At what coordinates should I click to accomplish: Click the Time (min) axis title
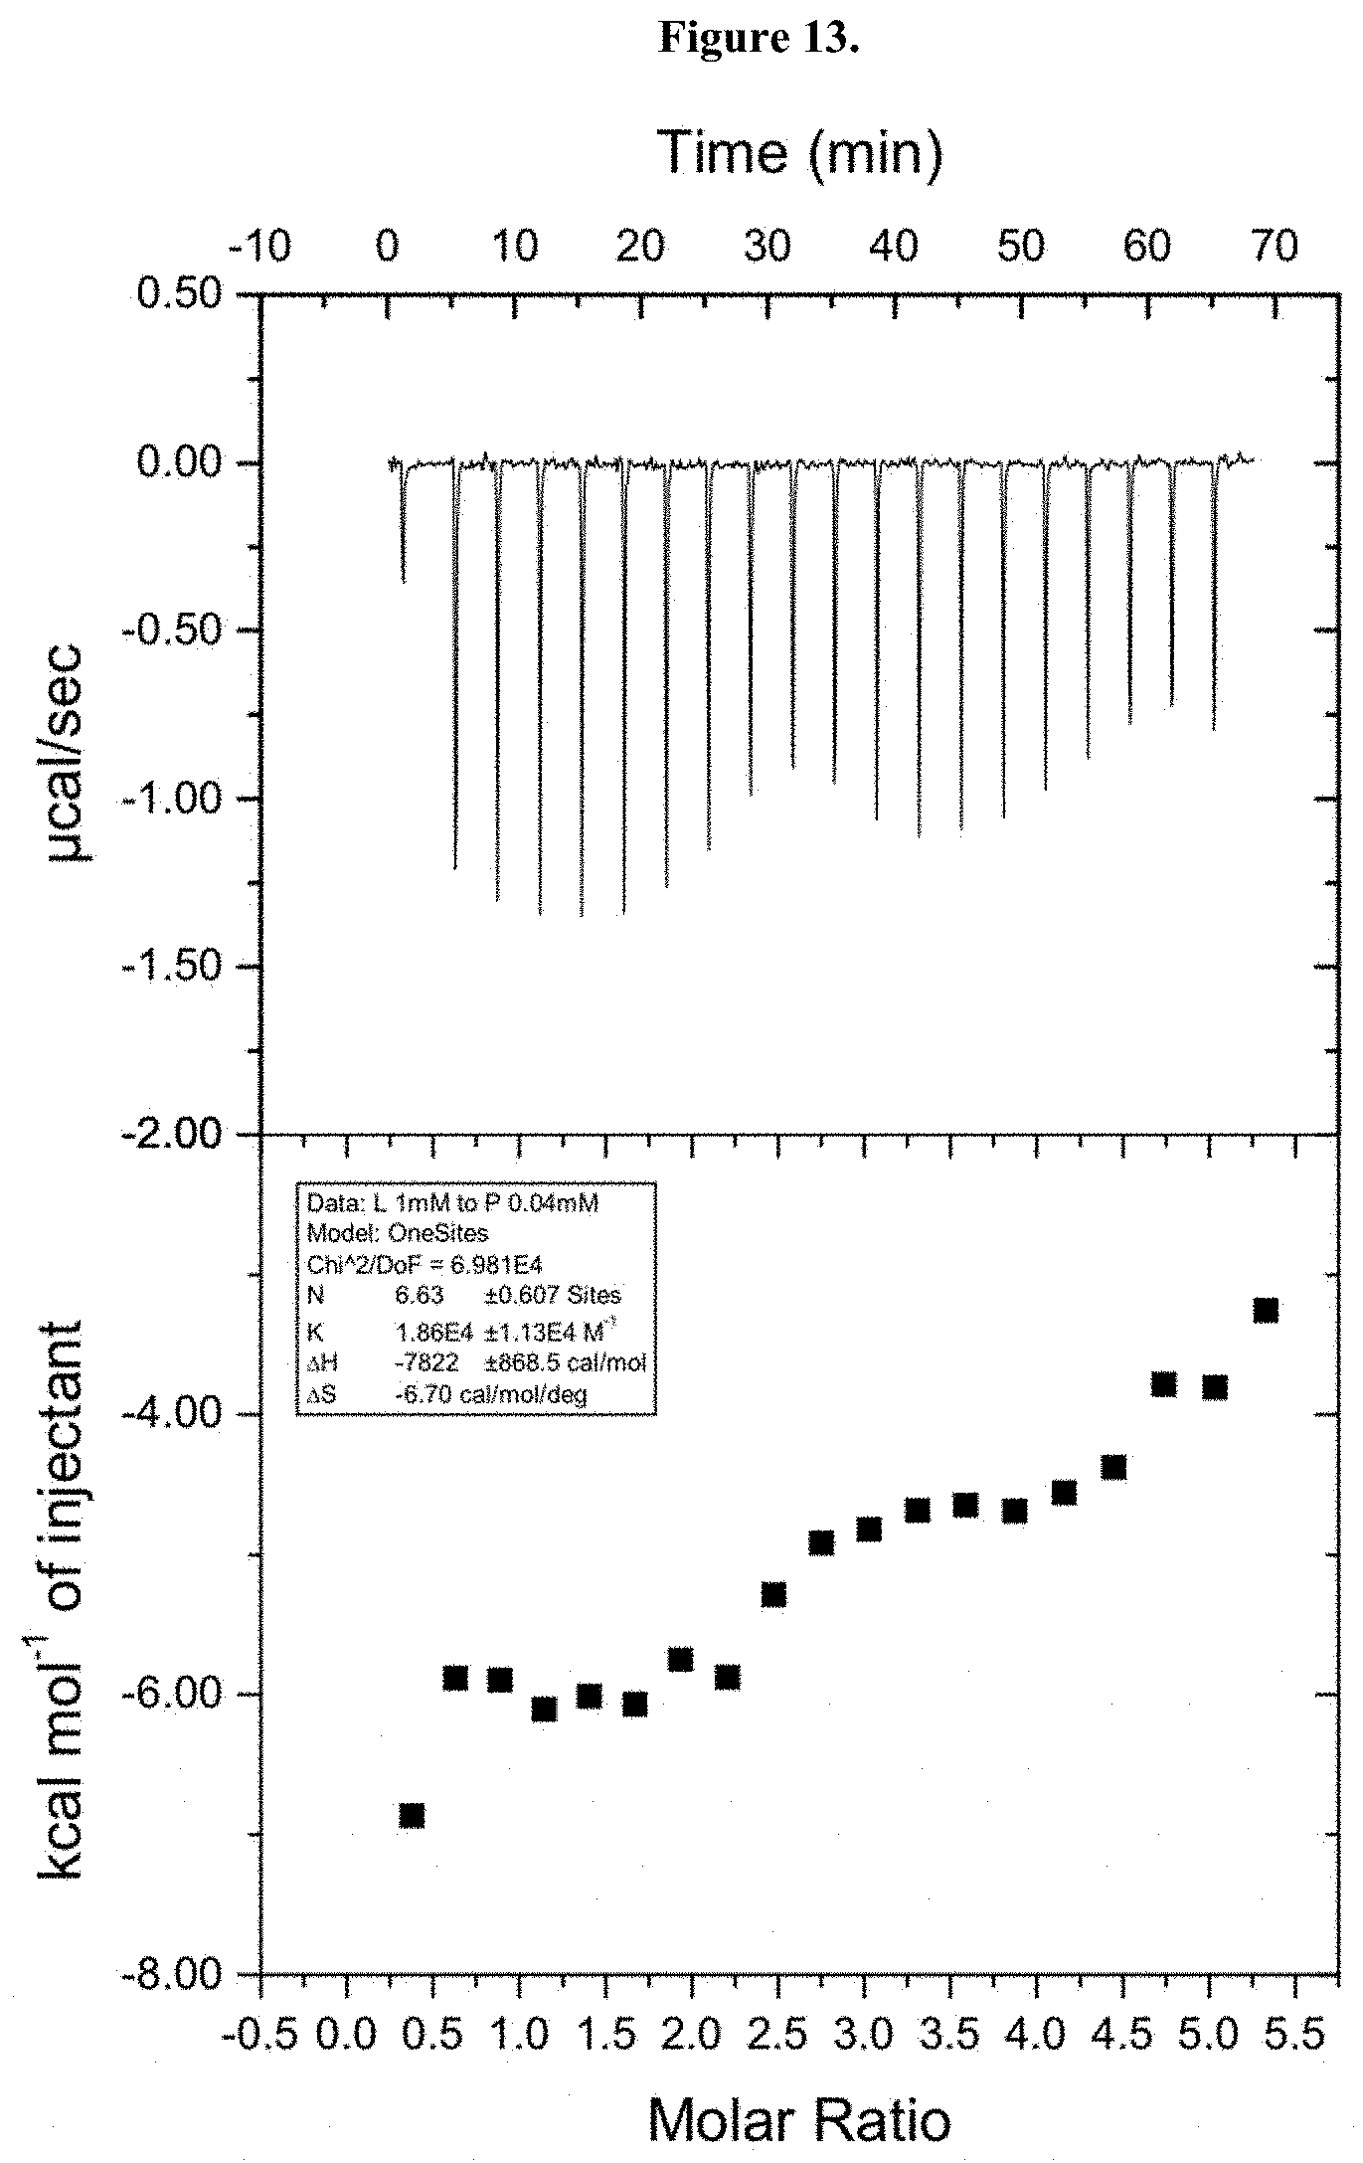coord(800,153)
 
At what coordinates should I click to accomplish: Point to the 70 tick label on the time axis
coord(1273,247)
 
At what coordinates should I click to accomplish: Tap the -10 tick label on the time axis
coord(260,247)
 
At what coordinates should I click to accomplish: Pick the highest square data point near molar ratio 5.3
coord(1266,1310)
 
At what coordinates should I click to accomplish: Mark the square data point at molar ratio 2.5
coord(773,1594)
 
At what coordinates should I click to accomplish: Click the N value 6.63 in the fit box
coord(419,1295)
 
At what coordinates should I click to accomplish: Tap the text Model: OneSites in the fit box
coord(398,1233)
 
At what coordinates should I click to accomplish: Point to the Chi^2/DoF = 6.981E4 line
coord(424,1264)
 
